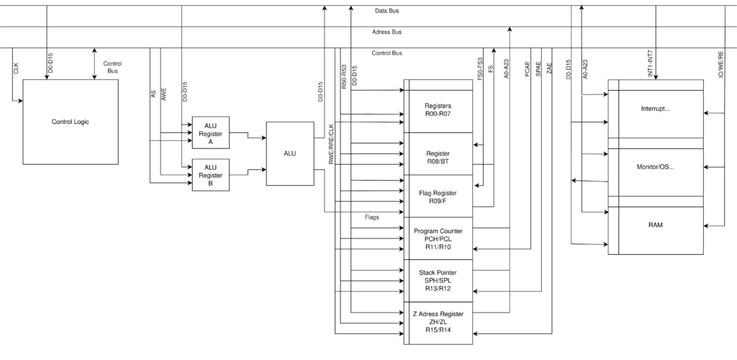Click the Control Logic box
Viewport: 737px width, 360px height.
(x=71, y=122)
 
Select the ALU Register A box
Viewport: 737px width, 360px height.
(x=210, y=133)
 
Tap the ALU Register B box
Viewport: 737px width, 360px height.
(x=210, y=175)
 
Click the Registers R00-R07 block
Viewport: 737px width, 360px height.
(x=438, y=111)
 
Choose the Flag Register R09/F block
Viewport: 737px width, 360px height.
(x=438, y=196)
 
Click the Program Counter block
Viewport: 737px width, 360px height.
(x=438, y=238)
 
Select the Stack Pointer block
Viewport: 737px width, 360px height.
(x=438, y=281)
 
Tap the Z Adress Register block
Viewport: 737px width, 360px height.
(x=438, y=323)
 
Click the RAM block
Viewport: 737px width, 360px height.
(x=655, y=225)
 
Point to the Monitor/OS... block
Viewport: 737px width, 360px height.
(x=655, y=166)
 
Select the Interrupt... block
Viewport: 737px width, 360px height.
(x=655, y=109)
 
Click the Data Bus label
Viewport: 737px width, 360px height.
(x=386, y=12)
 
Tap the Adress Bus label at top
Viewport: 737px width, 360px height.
(x=386, y=32)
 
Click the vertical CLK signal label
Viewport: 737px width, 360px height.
(x=17, y=68)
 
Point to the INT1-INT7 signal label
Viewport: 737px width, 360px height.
(x=650, y=64)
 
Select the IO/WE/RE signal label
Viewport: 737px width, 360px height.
(x=720, y=65)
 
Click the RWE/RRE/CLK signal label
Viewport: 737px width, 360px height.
(x=331, y=145)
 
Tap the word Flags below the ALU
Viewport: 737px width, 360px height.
(x=371, y=216)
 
